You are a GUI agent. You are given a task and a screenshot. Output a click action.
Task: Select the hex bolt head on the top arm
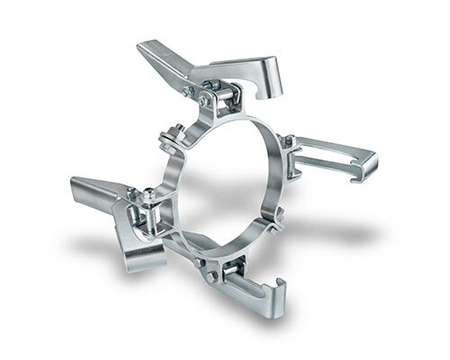point(186,91)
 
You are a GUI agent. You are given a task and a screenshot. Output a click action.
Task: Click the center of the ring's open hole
point(225,180)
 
